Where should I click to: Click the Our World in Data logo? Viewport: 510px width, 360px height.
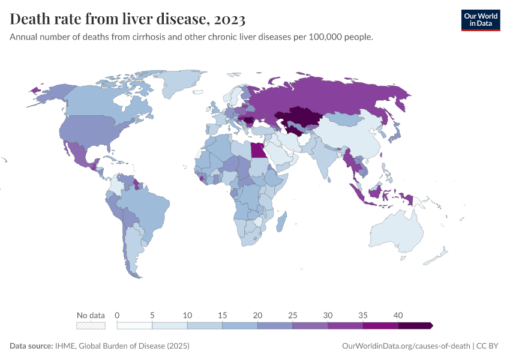(x=480, y=19)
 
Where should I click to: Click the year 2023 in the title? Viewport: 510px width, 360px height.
(x=229, y=19)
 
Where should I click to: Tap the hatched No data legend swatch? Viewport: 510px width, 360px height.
(x=91, y=325)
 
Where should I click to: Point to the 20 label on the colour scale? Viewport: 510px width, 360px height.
(x=257, y=315)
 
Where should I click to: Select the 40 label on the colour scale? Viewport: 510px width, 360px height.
(x=398, y=315)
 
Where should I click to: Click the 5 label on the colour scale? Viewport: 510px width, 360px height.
(x=152, y=315)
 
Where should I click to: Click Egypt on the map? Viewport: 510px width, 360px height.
(x=258, y=149)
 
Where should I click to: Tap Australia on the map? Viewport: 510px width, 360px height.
(x=396, y=231)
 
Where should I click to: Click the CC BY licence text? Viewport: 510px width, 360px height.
(x=489, y=346)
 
